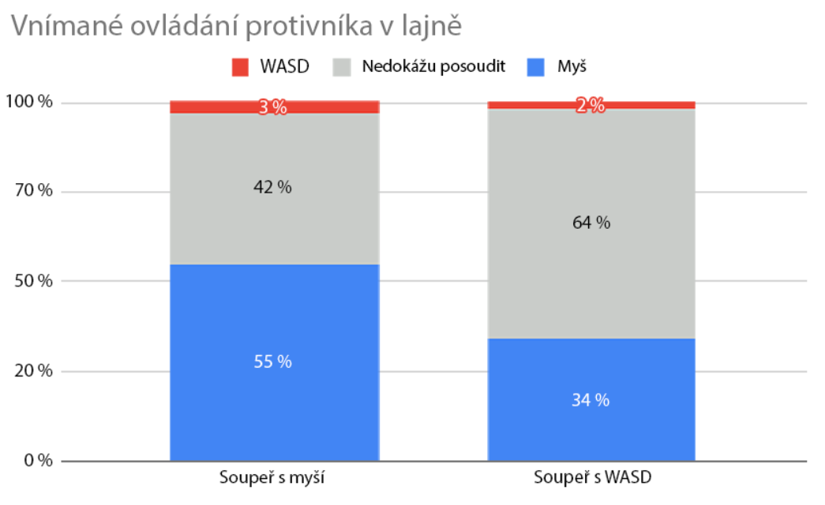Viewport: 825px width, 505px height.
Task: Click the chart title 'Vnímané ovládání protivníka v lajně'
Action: point(235,25)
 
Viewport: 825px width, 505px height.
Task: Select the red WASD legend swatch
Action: point(241,67)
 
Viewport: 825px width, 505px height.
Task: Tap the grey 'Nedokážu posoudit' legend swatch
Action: point(343,67)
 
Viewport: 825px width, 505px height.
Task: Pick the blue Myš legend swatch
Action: point(536,67)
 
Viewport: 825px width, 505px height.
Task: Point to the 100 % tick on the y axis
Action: point(29,103)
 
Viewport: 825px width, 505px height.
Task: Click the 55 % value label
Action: point(273,362)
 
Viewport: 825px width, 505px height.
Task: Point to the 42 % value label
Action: point(273,188)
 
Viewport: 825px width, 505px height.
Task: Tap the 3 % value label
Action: point(273,107)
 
